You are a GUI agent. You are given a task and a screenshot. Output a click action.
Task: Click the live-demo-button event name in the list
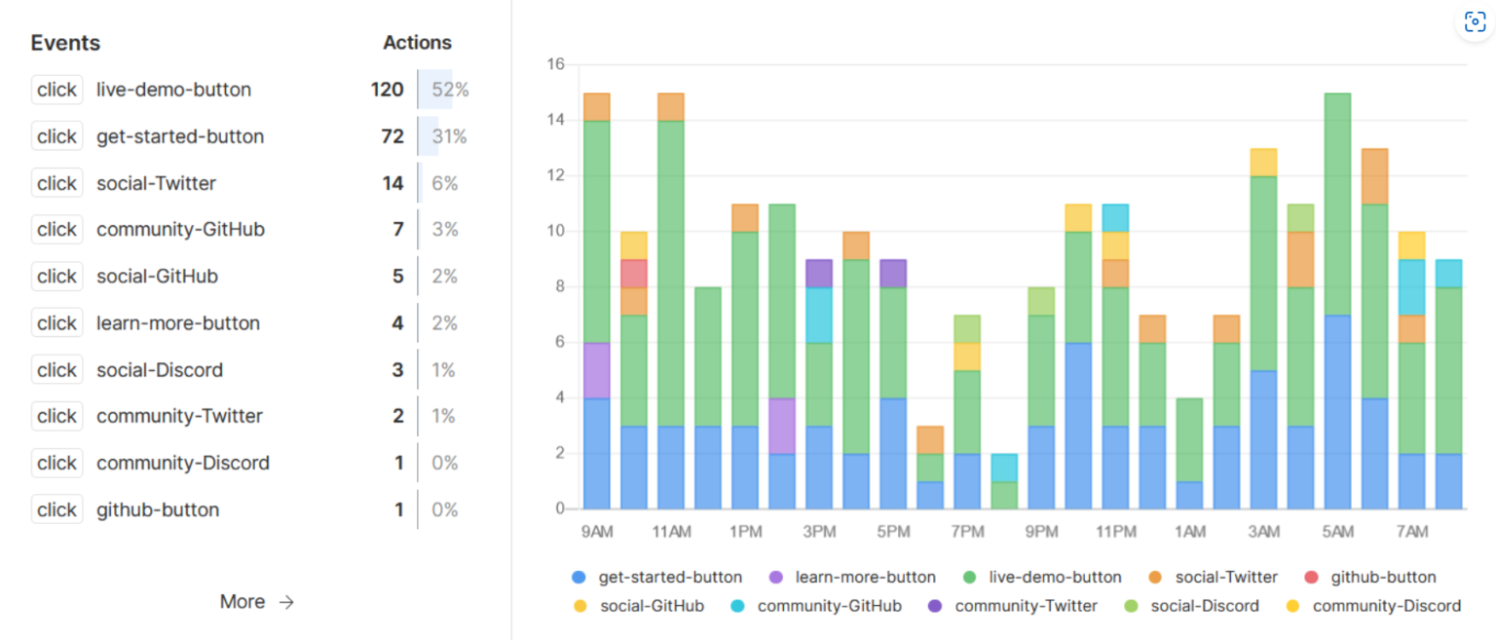pos(173,90)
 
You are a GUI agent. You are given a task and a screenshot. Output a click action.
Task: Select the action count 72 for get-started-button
pos(393,136)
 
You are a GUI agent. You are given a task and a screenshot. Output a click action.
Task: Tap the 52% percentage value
pos(450,90)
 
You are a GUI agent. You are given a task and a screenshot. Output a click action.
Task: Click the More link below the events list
pos(256,602)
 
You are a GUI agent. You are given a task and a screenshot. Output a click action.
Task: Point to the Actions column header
pos(417,43)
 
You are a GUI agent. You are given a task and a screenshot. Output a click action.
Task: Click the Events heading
pos(65,43)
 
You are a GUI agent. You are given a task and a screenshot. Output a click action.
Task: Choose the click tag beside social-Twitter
pos(56,183)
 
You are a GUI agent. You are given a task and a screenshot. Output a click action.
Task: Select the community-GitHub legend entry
pos(829,606)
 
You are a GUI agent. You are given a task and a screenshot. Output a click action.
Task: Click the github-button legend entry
pos(1383,577)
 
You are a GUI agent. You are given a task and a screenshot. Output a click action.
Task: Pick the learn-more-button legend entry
pos(865,577)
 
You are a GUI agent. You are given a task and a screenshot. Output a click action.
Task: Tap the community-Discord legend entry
pos(1386,606)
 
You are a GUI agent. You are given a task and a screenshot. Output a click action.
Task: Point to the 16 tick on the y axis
pos(556,64)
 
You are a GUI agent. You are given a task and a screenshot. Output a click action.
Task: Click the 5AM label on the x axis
pos(1337,532)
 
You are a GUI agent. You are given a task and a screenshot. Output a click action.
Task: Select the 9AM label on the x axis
pos(596,532)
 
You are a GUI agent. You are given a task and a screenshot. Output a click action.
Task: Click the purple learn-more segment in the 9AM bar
pos(596,370)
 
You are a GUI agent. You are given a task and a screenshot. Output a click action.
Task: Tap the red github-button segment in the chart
pos(634,273)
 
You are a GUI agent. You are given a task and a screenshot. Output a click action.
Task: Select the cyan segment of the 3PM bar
pos(819,315)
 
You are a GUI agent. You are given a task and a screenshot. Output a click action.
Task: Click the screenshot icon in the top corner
pos(1475,22)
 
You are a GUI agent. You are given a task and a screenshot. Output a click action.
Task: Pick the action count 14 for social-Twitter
pos(393,183)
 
